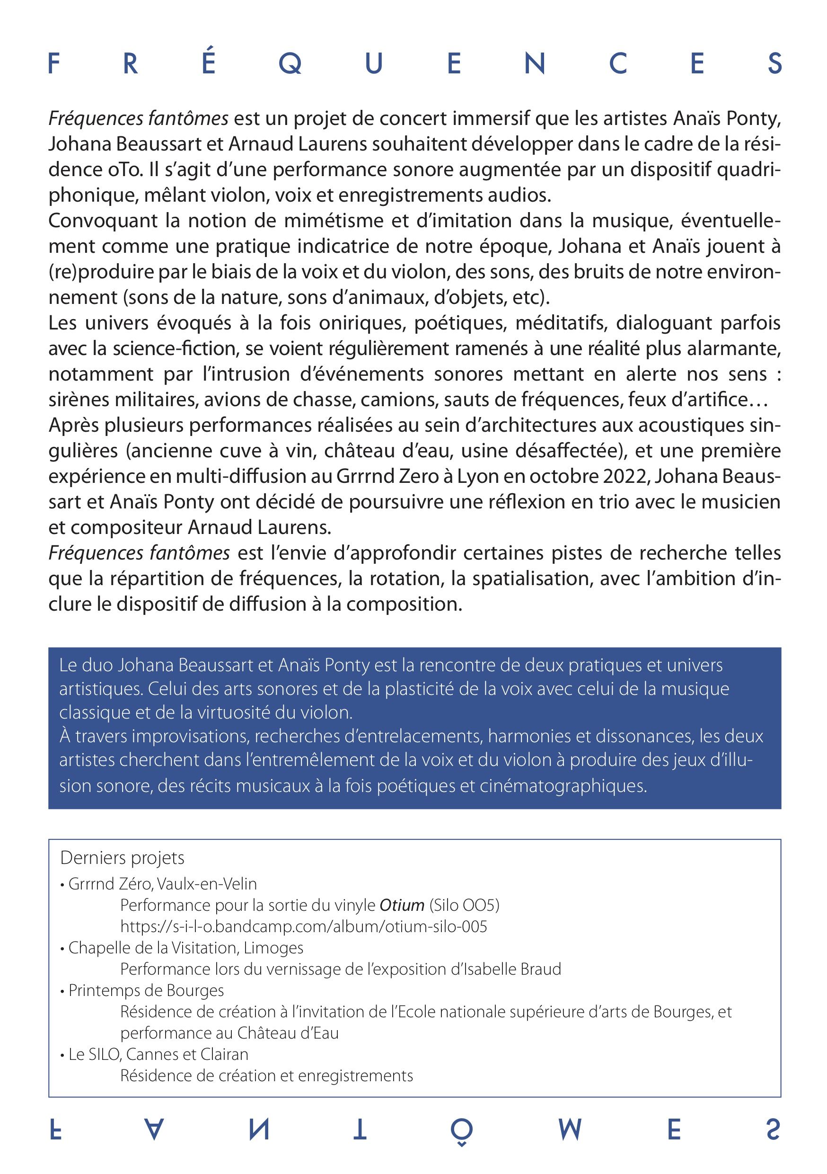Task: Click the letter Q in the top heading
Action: [x=290, y=64]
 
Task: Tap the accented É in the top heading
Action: [x=208, y=60]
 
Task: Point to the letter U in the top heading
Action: [x=374, y=64]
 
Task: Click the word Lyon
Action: [x=478, y=476]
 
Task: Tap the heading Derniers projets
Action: [x=122, y=857]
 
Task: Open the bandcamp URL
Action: [x=304, y=926]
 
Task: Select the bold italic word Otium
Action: [x=402, y=905]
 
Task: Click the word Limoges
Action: [x=273, y=947]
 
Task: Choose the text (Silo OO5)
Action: [x=464, y=905]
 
